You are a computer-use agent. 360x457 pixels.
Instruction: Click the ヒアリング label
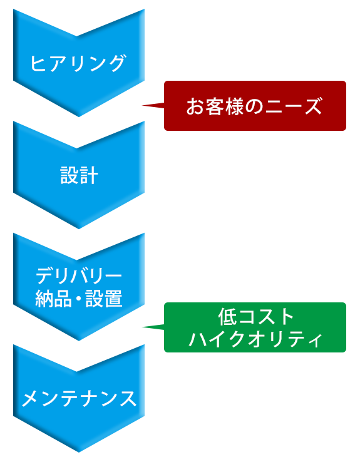pyautogui.click(x=78, y=63)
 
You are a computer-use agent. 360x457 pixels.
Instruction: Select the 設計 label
pyautogui.click(x=79, y=175)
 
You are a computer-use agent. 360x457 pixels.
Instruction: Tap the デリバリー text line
pyautogui.click(x=79, y=275)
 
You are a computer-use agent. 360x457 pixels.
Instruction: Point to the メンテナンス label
pyautogui.click(x=79, y=399)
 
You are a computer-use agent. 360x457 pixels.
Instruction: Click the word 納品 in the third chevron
pyautogui.click(x=53, y=299)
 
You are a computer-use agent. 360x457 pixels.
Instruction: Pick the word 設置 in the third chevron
pyautogui.click(x=104, y=299)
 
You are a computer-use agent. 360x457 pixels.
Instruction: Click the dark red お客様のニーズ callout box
pyautogui.click(x=255, y=106)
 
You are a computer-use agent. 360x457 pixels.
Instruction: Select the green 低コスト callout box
pyautogui.click(x=255, y=327)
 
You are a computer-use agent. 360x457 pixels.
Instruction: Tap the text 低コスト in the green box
pyautogui.click(x=255, y=317)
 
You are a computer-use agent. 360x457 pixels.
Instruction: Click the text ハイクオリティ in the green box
pyautogui.click(x=255, y=339)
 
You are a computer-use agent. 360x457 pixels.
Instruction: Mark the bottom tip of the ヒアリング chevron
pyautogui.click(x=79, y=117)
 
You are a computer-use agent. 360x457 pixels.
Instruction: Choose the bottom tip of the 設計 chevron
pyautogui.click(x=79, y=228)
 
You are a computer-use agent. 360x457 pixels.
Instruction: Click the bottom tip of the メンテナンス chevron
pyautogui.click(x=79, y=452)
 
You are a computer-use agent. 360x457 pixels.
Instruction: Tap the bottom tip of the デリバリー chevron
pyautogui.click(x=79, y=341)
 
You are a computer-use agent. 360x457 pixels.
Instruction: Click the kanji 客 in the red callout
pyautogui.click(x=215, y=106)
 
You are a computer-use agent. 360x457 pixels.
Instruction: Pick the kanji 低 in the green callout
pyautogui.click(x=227, y=317)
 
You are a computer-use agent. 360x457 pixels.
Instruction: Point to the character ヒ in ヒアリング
pyautogui.click(x=39, y=63)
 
